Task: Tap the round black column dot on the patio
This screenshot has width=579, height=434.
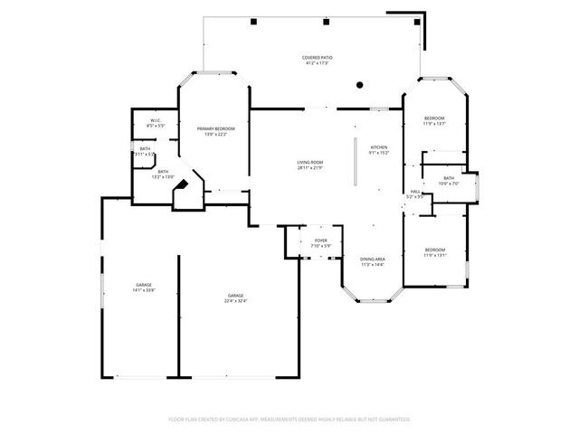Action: click(x=360, y=85)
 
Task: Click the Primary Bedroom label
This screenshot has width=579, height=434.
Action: click(x=215, y=132)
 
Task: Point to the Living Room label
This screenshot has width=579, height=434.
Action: click(x=310, y=165)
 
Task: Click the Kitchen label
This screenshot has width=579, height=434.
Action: click(x=378, y=150)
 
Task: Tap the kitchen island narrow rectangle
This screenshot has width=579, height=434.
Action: click(x=356, y=163)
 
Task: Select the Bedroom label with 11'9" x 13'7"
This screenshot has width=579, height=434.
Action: click(x=434, y=121)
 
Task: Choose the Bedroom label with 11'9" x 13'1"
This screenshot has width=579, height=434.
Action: click(x=435, y=252)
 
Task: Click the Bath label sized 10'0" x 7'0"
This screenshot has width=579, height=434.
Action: click(x=448, y=181)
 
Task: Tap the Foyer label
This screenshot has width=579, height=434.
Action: click(x=321, y=243)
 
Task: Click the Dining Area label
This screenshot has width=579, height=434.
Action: click(x=373, y=261)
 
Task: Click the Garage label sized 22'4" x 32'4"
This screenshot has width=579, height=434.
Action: click(x=236, y=298)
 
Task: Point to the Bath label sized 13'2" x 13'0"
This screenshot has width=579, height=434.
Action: click(x=163, y=174)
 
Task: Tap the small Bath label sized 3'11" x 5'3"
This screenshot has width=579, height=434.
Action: click(x=145, y=151)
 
